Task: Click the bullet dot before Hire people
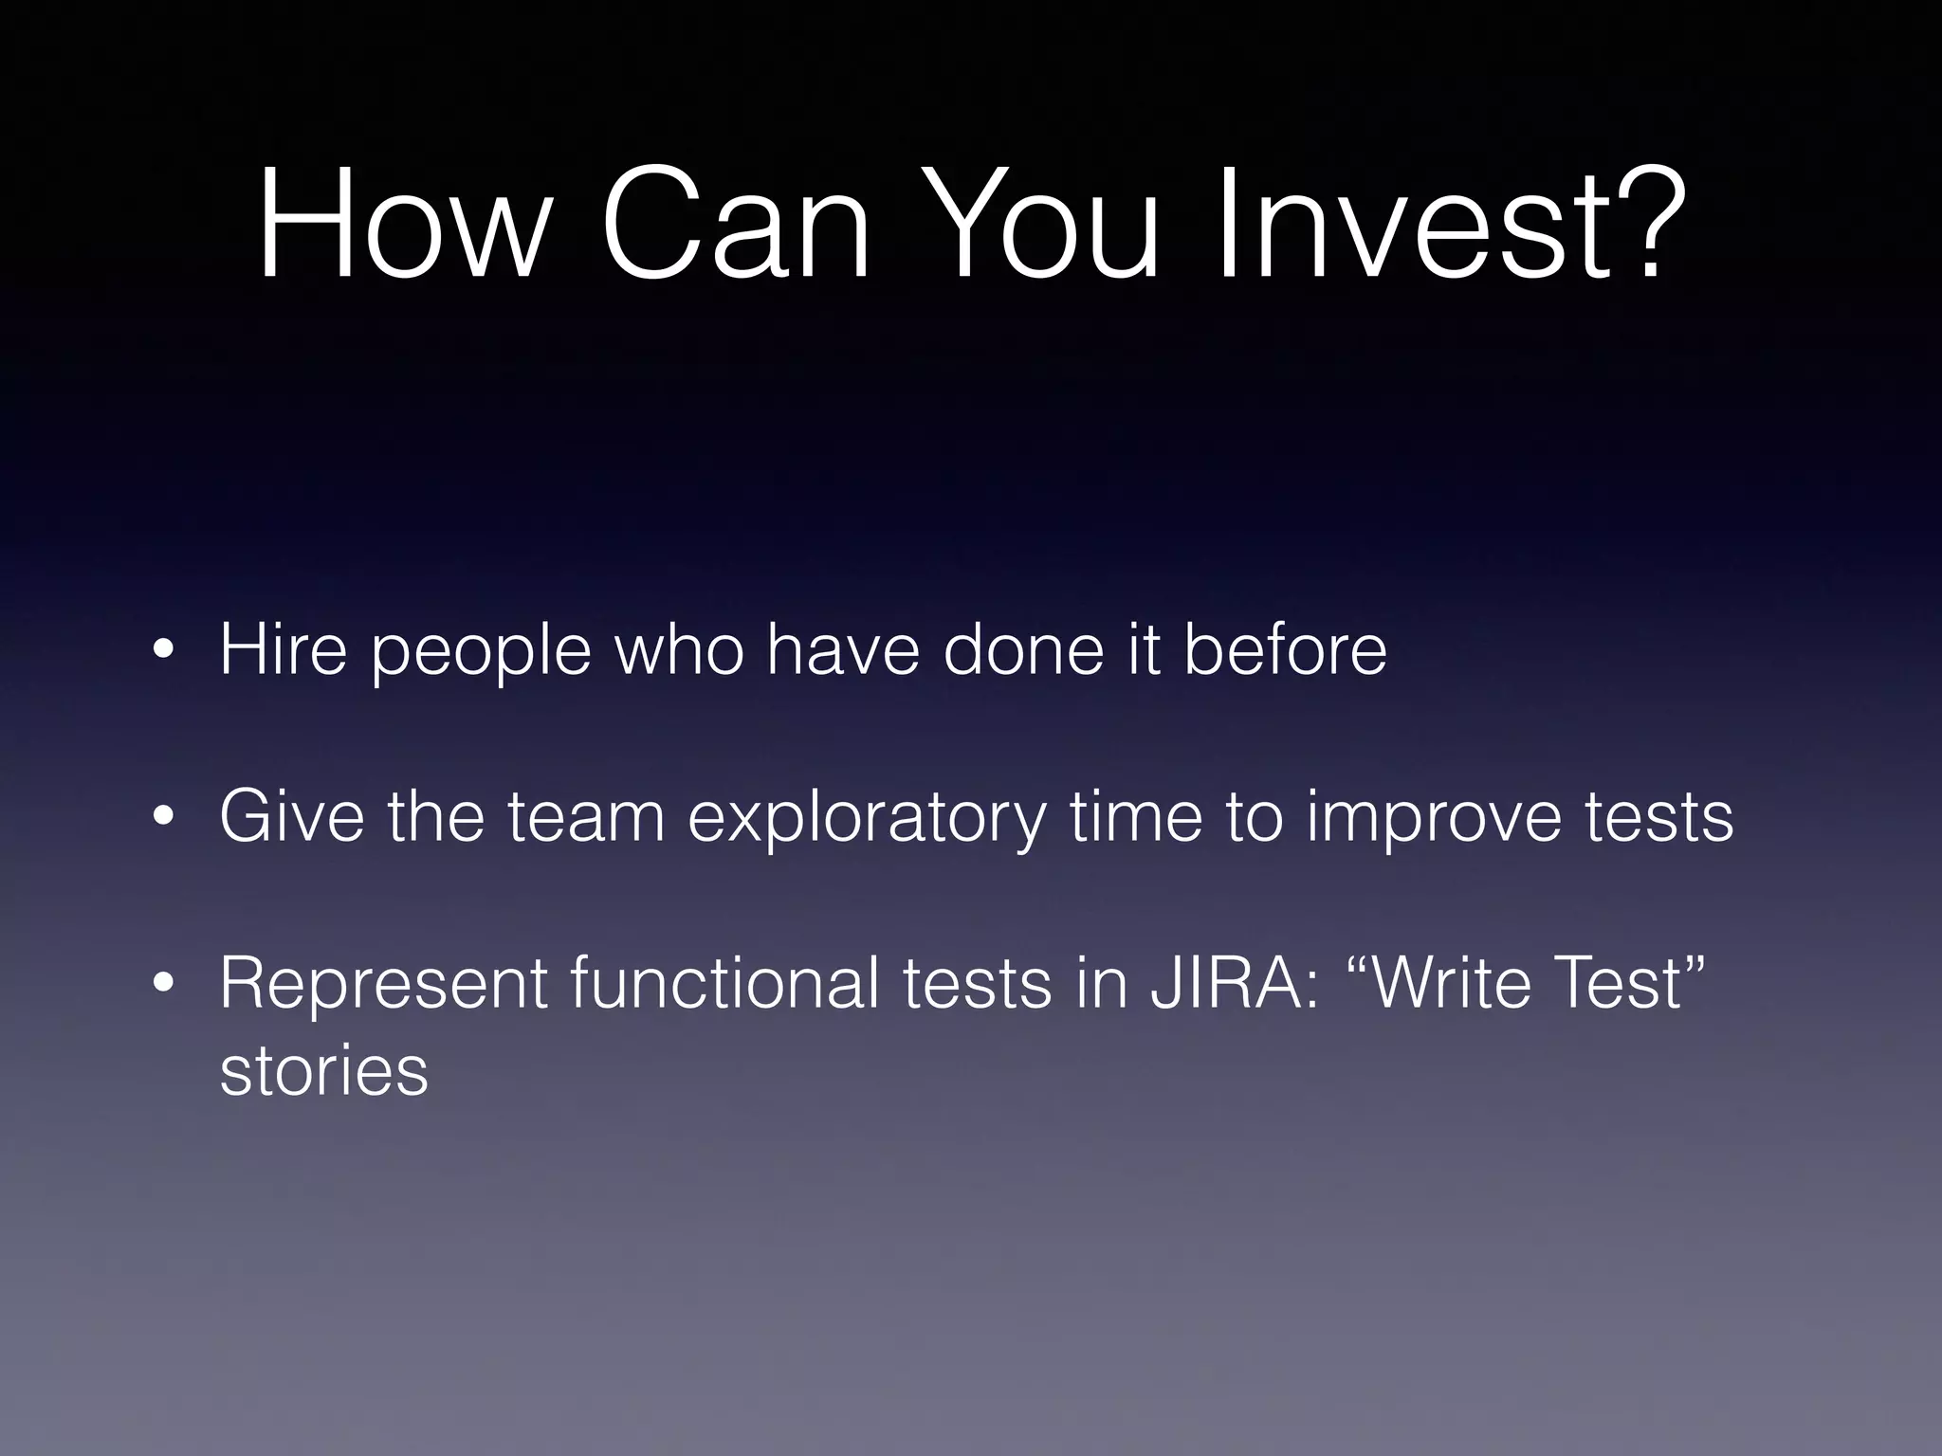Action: [x=164, y=653]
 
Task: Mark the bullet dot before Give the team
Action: [x=164, y=818]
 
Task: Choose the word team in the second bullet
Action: [x=585, y=817]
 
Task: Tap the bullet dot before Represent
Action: [x=164, y=985]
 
